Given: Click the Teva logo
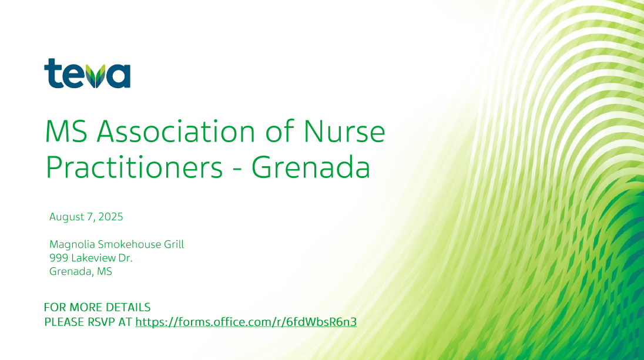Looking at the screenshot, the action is click(87, 73).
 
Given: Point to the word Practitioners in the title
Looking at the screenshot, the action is click(134, 167).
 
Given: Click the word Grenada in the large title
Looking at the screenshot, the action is click(311, 167).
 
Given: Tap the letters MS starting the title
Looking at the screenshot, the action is click(66, 132).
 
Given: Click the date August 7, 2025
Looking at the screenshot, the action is click(86, 217).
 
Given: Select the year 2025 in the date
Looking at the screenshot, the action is click(110, 217).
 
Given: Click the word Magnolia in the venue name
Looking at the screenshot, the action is click(72, 245).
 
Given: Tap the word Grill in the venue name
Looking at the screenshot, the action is click(174, 244).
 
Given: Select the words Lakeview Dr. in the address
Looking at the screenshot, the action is click(102, 258).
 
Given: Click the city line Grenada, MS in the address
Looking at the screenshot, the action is click(80, 272).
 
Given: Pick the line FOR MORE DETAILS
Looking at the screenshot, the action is click(98, 308).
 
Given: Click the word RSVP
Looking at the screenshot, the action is click(101, 322).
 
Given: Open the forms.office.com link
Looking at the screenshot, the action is click(246, 322).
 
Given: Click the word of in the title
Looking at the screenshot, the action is click(280, 132).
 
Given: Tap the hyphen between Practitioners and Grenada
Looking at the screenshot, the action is click(237, 169).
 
